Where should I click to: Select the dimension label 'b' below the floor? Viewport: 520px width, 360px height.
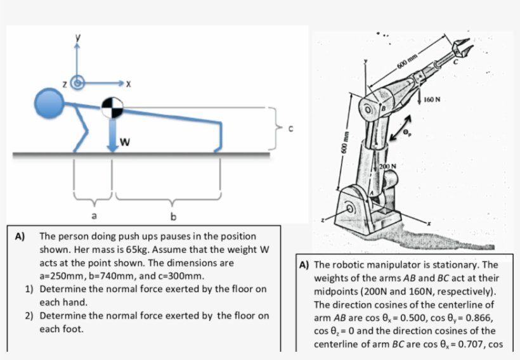click(x=172, y=218)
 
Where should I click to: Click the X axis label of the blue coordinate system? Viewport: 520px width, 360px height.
click(x=128, y=83)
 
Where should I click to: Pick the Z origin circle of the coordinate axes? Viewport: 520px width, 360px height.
click(x=78, y=82)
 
